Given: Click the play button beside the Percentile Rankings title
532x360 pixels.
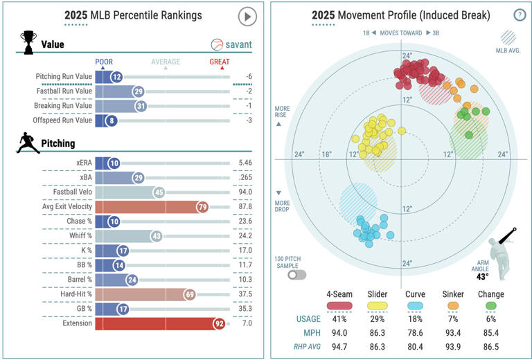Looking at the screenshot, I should point(247,16).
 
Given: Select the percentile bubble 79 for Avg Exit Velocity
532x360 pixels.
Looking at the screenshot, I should point(202,206).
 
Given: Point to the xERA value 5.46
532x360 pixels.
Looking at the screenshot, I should point(245,163).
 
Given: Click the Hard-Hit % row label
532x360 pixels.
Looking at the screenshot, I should point(73,294).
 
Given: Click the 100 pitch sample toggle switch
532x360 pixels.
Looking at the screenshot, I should point(298,275).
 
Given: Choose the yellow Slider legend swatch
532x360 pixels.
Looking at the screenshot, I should point(378,306).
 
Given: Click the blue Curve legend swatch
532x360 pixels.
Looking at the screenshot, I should point(416,306).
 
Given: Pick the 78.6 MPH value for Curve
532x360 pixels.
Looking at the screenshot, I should point(416,332).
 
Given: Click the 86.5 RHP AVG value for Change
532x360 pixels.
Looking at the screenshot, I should point(490,345).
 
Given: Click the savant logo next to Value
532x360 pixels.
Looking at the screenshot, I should point(231,45).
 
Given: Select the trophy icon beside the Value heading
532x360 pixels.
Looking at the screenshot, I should point(28,41).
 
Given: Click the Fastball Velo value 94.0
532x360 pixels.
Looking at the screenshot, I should point(245,192).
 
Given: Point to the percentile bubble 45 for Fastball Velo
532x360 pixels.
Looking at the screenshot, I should point(159,192).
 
